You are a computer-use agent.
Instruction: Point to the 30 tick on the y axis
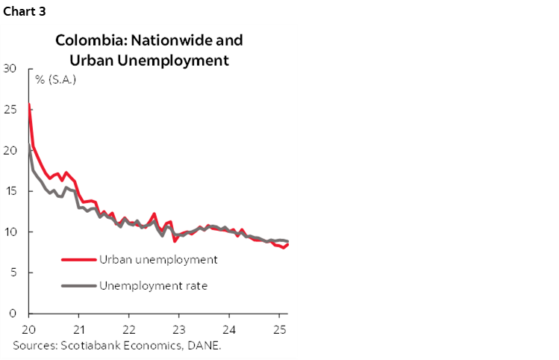pyautogui.click(x=10, y=69)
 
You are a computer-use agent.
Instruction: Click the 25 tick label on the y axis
pyautogui.click(x=10, y=110)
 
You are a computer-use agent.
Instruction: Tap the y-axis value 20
pyautogui.click(x=10, y=150)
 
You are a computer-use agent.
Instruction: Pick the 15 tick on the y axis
pyautogui.click(x=10, y=191)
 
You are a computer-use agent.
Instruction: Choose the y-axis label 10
pyautogui.click(x=10, y=232)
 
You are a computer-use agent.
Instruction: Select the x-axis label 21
pyautogui.click(x=78, y=329)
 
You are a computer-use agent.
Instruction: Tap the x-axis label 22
pyautogui.click(x=128, y=329)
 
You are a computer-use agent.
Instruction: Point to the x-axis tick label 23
pyautogui.click(x=178, y=329)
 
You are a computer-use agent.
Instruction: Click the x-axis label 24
pyautogui.click(x=228, y=329)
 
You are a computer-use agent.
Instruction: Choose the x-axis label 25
pyautogui.click(x=278, y=329)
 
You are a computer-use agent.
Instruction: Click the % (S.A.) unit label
pyautogui.click(x=55, y=79)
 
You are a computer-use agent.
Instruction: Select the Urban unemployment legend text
pyautogui.click(x=157, y=260)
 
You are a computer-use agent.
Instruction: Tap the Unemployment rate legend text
pyautogui.click(x=153, y=285)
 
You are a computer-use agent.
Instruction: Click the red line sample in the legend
pyautogui.click(x=78, y=260)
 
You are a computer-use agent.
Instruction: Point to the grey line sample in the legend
pyautogui.click(x=78, y=285)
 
